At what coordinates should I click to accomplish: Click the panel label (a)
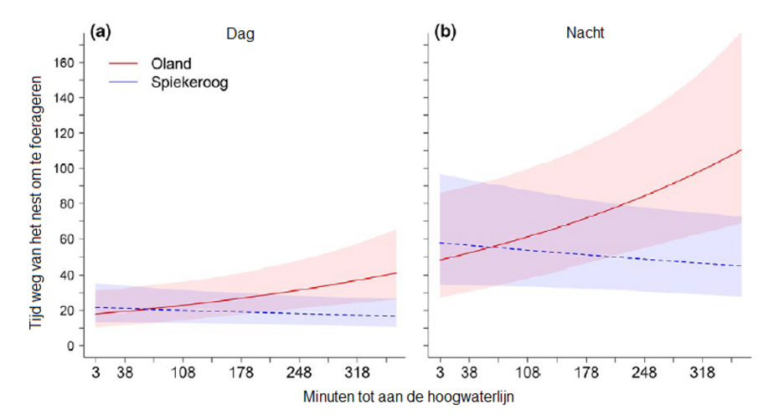pyautogui.click(x=101, y=33)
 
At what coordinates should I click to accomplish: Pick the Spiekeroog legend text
pyautogui.click(x=189, y=82)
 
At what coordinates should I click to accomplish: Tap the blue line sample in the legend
pyautogui.click(x=126, y=82)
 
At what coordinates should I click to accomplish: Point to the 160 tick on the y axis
pyautogui.click(x=67, y=63)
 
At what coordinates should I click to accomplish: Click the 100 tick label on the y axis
pyautogui.click(x=67, y=169)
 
